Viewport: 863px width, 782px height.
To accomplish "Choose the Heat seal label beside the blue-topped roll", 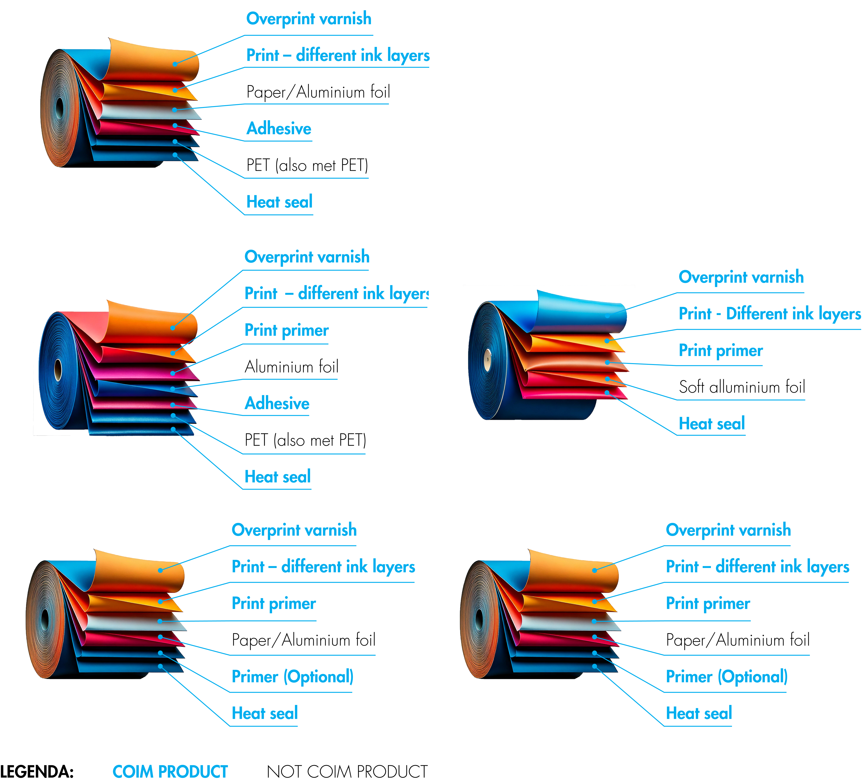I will point(711,424).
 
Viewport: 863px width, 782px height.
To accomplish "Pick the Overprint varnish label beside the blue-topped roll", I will point(741,277).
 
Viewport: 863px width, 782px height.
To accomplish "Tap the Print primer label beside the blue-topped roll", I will point(721,350).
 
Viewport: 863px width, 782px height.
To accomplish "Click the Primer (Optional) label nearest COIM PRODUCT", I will point(292,677).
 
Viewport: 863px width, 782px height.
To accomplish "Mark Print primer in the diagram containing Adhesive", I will point(286,330).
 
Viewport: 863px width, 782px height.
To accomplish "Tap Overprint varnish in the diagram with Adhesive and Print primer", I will point(306,257).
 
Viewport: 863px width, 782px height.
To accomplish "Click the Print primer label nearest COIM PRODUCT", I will point(273,604).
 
